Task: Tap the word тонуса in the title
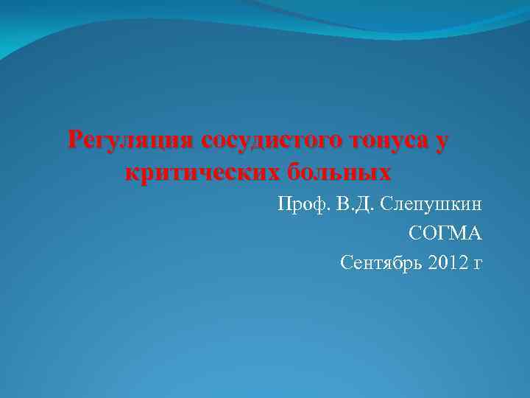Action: click(384, 141)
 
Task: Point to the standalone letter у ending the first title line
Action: click(439, 142)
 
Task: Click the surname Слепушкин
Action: click(431, 205)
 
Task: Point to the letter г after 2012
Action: click(478, 264)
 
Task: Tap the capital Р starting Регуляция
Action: click(74, 139)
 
